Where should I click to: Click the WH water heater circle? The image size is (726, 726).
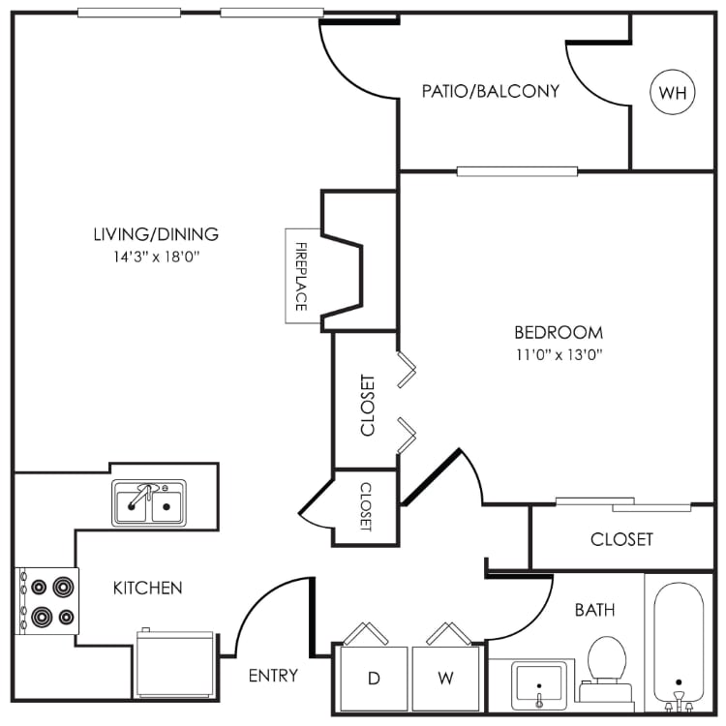point(673,92)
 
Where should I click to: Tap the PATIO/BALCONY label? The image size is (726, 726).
point(491,91)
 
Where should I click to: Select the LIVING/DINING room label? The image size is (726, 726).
point(156,233)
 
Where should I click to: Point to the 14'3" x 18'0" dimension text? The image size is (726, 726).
point(156,257)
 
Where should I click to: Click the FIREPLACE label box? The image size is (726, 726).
point(299,276)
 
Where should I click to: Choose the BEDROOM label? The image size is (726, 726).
point(559,331)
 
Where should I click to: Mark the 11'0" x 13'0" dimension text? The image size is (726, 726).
point(559,354)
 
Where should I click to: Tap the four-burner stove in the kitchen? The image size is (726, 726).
point(47,600)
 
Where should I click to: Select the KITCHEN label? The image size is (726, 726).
point(148,588)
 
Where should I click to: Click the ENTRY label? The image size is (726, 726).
point(273,675)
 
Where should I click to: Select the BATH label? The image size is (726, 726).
point(594,610)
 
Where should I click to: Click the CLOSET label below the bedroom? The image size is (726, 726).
point(621,539)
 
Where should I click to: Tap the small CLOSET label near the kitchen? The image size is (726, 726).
point(366,507)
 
